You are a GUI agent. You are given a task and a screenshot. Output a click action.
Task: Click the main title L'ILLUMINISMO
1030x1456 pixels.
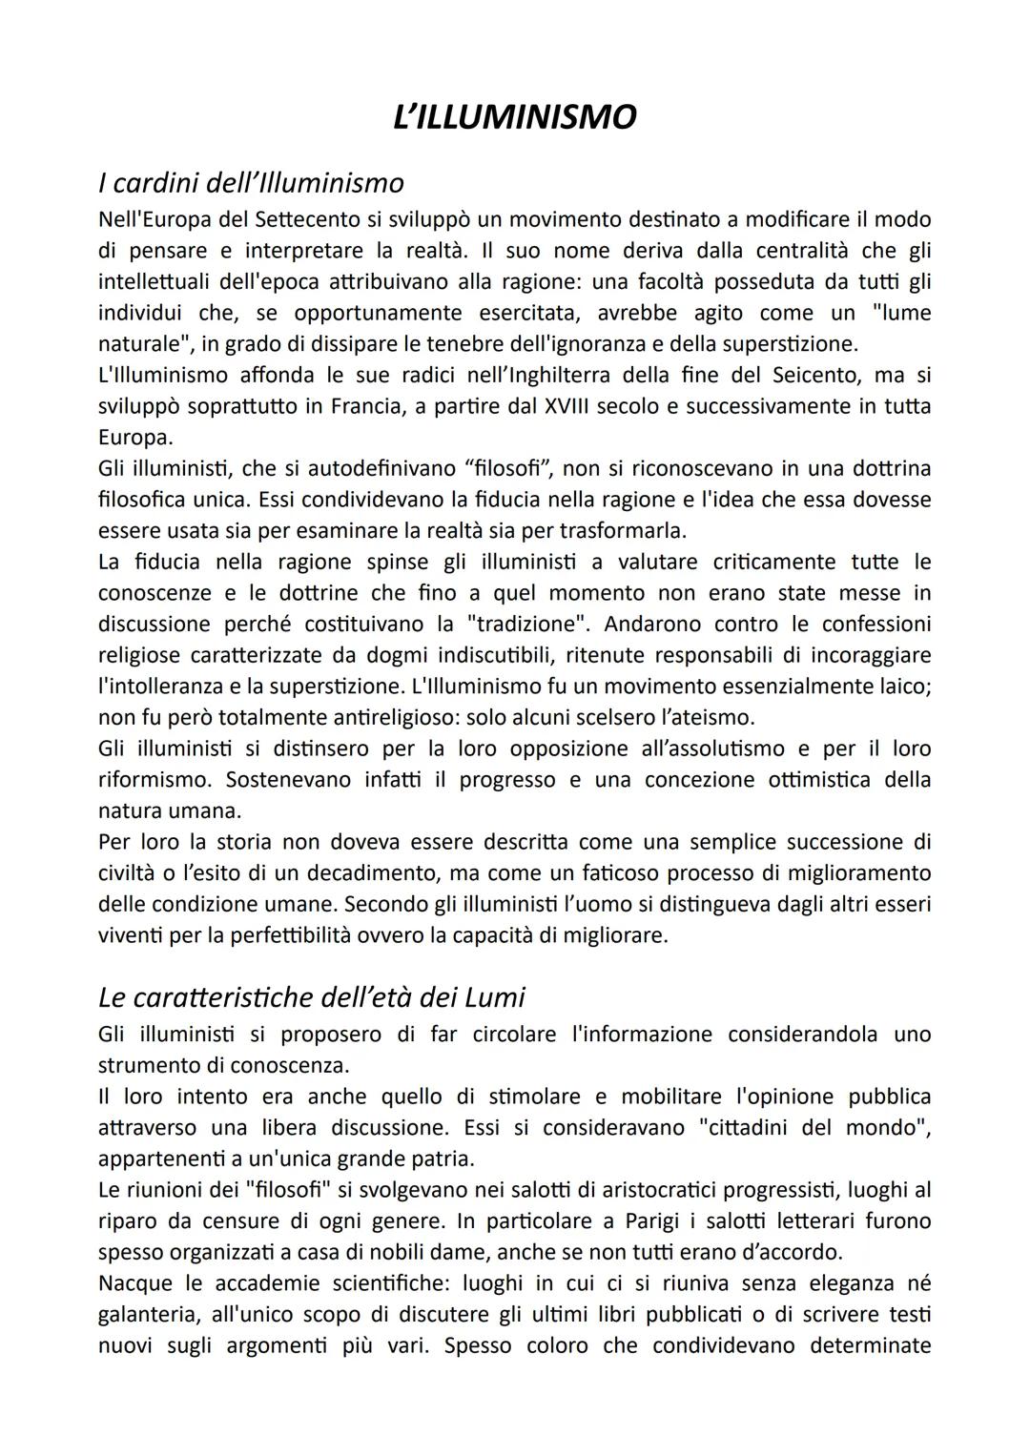pos(514,117)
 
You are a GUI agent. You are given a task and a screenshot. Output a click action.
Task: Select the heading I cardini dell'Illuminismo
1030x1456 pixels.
pos(251,181)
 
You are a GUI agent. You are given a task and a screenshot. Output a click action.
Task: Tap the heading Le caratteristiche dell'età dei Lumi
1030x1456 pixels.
pos(311,996)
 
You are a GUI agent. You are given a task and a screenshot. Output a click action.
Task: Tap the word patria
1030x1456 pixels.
pos(440,1159)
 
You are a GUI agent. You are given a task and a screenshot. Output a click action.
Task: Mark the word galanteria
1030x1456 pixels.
pos(153,1314)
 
